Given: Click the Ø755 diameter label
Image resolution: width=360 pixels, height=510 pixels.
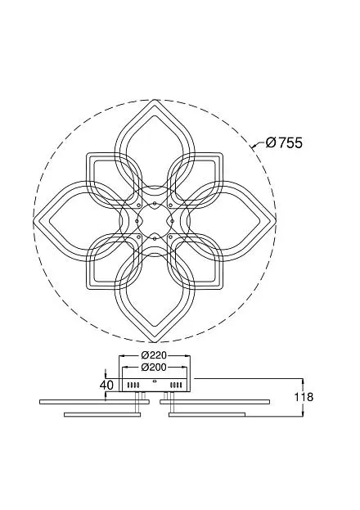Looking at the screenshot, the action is pyautogui.click(x=284, y=142).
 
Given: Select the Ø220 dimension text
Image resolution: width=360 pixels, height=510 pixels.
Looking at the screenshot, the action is pyautogui.click(x=154, y=354).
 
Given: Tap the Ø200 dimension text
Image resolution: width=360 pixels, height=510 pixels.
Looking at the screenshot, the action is pyautogui.click(x=154, y=368).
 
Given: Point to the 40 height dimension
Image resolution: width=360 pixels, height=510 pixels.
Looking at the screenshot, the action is pyautogui.click(x=106, y=385).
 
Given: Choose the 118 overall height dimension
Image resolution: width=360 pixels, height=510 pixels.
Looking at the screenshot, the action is pyautogui.click(x=304, y=397).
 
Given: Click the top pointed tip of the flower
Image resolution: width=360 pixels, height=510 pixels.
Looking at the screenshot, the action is pyautogui.click(x=155, y=100).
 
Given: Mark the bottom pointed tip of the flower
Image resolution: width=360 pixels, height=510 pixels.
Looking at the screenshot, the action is pyautogui.click(x=155, y=341).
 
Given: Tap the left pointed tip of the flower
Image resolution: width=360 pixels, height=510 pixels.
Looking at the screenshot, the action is pyautogui.click(x=34, y=221).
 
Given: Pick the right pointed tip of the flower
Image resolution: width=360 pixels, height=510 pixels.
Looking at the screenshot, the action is pyautogui.click(x=276, y=221).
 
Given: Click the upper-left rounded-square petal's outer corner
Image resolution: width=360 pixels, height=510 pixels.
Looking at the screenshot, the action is pyautogui.click(x=88, y=154).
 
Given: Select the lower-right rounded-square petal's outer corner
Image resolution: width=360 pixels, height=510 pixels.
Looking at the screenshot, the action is pyautogui.click(x=222, y=287).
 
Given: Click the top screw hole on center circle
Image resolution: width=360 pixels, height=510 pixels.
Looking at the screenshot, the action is pyautogui.click(x=155, y=203).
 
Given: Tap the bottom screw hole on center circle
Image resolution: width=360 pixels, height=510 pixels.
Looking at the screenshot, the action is pyautogui.click(x=155, y=238).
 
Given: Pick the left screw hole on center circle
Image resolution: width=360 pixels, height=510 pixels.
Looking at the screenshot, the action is pyautogui.click(x=137, y=221).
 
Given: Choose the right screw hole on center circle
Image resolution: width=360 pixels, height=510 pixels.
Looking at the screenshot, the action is pyautogui.click(x=173, y=221).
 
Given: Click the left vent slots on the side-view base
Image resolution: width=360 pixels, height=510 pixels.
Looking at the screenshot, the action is pyautogui.click(x=133, y=386).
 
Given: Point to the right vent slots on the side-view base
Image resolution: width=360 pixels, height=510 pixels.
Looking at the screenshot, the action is pyautogui.click(x=176, y=386).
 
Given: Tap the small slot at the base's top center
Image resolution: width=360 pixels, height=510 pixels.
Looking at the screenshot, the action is pyautogui.click(x=155, y=381).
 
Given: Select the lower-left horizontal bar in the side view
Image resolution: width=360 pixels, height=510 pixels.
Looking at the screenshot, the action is pyautogui.click(x=102, y=414).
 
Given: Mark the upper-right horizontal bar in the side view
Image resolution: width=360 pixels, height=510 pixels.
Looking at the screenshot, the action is pyautogui.click(x=214, y=402).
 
